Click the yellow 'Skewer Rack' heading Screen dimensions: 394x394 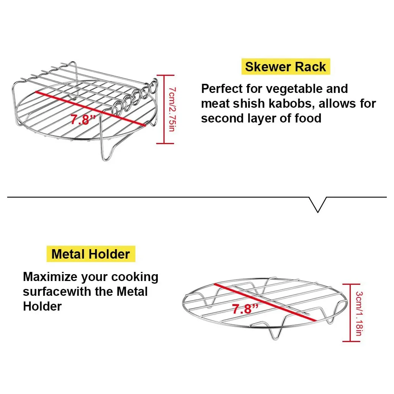pyautogui.click(x=285, y=67)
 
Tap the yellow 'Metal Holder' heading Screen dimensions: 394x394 pyautogui.click(x=91, y=254)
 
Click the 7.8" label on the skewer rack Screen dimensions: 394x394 pyautogui.click(x=82, y=119)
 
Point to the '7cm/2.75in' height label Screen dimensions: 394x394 pyautogui.click(x=172, y=109)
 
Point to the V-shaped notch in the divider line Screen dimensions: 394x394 pyautogui.click(x=319, y=205)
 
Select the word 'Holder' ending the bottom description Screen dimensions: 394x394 pyautogui.click(x=42, y=306)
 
